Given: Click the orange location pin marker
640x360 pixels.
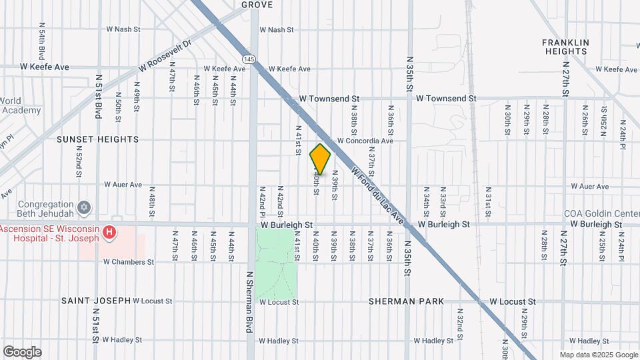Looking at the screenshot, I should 320,159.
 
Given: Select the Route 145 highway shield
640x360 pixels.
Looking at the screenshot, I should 248,59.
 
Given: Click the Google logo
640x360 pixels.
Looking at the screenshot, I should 22,351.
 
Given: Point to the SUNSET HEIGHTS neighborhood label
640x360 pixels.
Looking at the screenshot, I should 97,139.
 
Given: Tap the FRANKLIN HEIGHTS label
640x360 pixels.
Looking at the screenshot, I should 566,47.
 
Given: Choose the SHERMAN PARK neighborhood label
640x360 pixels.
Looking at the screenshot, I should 406,301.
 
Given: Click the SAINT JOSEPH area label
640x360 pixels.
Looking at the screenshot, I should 96,301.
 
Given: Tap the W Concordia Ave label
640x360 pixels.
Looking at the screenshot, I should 365,141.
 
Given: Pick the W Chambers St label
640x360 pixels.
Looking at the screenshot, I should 129,262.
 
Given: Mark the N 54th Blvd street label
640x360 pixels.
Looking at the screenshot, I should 42,41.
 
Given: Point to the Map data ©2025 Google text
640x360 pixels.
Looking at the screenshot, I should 599,355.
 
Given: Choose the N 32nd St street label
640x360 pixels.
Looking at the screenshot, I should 460,321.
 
